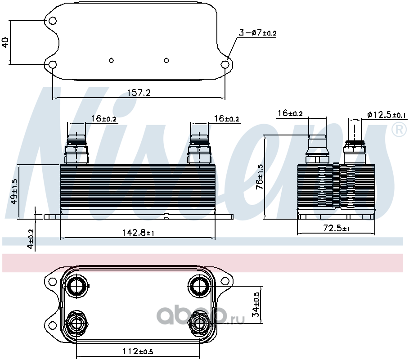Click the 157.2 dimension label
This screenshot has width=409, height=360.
pyautogui.click(x=139, y=93)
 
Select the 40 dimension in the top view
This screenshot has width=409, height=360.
pyautogui.click(x=5, y=42)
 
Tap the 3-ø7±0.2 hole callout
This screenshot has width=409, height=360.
pyautogui.click(x=258, y=33)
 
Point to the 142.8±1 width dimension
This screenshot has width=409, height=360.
pyautogui.click(x=138, y=233)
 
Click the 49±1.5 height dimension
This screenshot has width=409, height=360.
pyautogui.click(x=14, y=191)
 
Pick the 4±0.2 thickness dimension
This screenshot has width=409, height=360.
pyautogui.click(x=31, y=239)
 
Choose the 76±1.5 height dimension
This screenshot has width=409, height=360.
pyautogui.click(x=260, y=176)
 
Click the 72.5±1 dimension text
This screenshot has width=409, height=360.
pyautogui.click(x=337, y=228)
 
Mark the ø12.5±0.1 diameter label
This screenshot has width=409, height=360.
pyautogui.click(x=387, y=115)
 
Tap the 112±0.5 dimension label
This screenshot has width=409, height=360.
pyautogui.click(x=138, y=351)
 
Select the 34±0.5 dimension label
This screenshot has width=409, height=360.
pyautogui.click(x=256, y=305)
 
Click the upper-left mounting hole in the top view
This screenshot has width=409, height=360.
pyautogui.click(x=53, y=21)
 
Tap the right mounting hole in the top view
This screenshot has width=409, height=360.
pyautogui.click(x=225, y=64)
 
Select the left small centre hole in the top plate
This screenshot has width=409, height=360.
pyautogui.click(x=112, y=60)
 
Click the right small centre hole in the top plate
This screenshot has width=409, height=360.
pyautogui.click(x=166, y=60)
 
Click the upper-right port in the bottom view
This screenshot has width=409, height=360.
pyautogui.click(x=199, y=286)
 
